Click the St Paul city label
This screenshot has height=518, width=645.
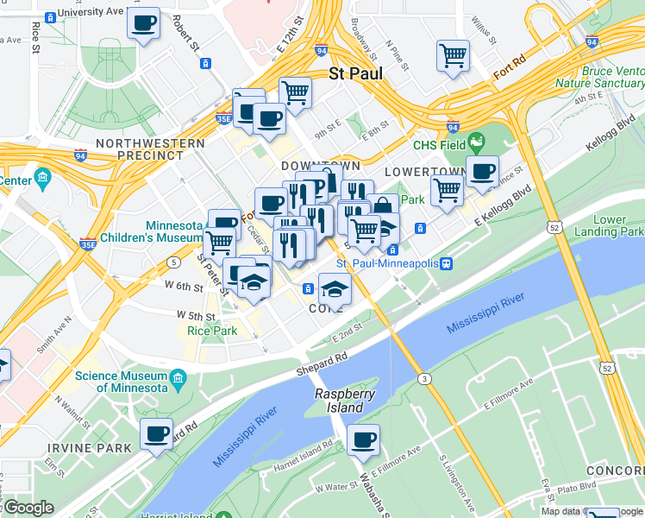tap(356, 74)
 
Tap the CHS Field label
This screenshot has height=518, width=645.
tap(439, 145)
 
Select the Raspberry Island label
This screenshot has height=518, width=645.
tap(344, 401)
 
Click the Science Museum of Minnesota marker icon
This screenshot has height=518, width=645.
tap(178, 377)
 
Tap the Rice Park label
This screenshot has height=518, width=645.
tap(211, 331)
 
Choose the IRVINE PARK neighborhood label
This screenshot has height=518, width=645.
tap(90, 447)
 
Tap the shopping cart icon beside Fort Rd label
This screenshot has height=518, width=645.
tap(453, 56)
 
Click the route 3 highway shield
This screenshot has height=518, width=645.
tap(424, 378)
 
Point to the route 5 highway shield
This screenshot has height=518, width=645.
tap(175, 262)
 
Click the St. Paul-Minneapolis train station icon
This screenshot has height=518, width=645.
tap(446, 263)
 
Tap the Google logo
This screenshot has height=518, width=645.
tap(28, 508)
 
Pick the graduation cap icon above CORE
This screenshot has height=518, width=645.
tap(335, 288)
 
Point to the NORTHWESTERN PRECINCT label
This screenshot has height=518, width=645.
tap(151, 149)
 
